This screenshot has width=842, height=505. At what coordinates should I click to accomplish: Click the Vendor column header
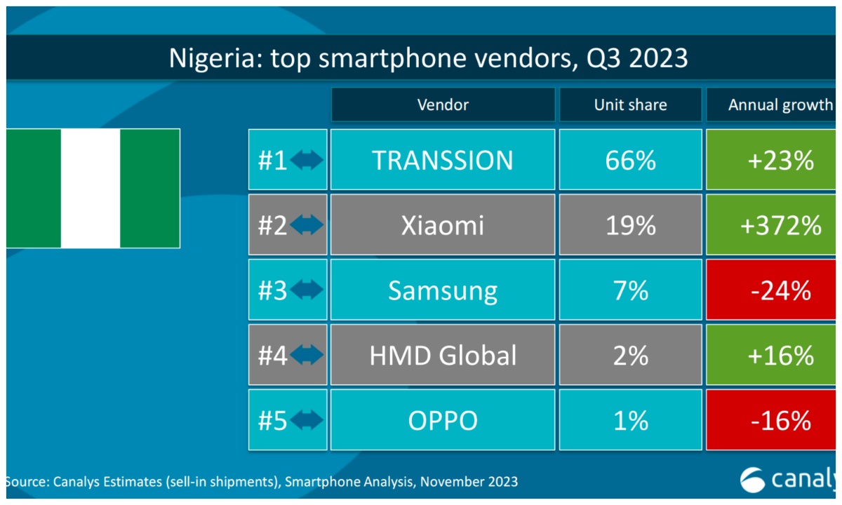tap(443, 105)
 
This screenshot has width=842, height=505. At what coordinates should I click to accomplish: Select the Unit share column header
tap(630, 105)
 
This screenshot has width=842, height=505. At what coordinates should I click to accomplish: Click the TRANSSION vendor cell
tap(443, 160)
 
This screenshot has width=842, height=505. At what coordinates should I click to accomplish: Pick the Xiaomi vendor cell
tap(443, 225)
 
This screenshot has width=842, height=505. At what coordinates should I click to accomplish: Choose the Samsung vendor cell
tap(443, 290)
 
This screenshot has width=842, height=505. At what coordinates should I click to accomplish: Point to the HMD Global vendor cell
tap(443, 355)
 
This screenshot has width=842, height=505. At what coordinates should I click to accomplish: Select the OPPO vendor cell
tap(443, 420)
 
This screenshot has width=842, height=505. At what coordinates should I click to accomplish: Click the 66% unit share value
tap(630, 160)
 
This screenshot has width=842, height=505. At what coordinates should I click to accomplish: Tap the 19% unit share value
tap(630, 225)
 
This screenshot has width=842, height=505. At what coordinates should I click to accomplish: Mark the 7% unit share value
tap(630, 290)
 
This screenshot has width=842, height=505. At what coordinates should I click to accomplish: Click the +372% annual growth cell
tap(779, 225)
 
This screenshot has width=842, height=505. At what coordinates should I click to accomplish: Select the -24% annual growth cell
tap(779, 290)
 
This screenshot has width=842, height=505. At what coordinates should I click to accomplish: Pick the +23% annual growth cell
tap(779, 160)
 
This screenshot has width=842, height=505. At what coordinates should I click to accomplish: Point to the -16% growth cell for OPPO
tap(779, 420)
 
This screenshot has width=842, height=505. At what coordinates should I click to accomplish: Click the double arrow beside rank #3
tap(307, 290)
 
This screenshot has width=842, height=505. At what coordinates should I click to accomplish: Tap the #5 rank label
tap(273, 420)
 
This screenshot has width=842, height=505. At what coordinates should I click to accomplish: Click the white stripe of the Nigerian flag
tap(91, 188)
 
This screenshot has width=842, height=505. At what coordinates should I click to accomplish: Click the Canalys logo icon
tap(754, 480)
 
